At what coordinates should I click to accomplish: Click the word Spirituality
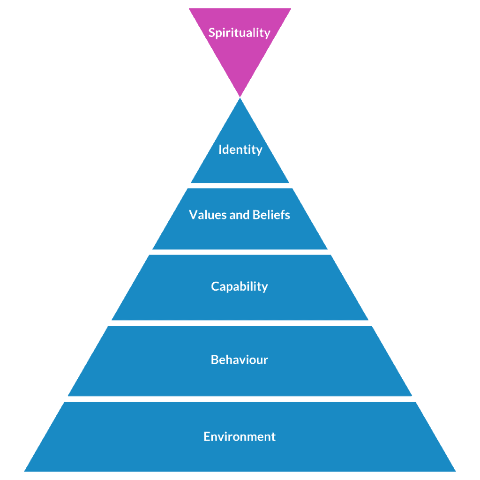pyautogui.click(x=240, y=33)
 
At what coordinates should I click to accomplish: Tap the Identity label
pyautogui.click(x=240, y=150)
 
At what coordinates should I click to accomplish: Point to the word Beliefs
pyautogui.click(x=271, y=215)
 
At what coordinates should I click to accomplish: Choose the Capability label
pyautogui.click(x=240, y=286)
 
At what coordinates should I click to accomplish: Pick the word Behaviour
pyautogui.click(x=240, y=360)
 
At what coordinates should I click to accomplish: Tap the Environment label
pyautogui.click(x=240, y=437)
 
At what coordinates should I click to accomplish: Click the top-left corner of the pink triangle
pyautogui.click(x=190, y=9)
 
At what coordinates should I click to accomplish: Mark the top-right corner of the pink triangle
pyautogui.click(x=290, y=9)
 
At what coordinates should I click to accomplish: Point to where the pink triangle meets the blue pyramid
pyautogui.click(x=240, y=97)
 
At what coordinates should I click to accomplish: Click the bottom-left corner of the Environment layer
pyautogui.click(x=25, y=471)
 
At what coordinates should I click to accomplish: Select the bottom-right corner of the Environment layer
pyautogui.click(x=455, y=471)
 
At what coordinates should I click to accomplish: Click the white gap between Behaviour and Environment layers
pyautogui.click(x=240, y=399)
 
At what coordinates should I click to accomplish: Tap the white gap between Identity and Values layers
pyautogui.click(x=240, y=186)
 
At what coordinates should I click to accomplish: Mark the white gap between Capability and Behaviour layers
pyautogui.click(x=240, y=323)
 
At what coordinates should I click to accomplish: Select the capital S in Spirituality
pyautogui.click(x=212, y=33)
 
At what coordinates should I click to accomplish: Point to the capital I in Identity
pyautogui.click(x=220, y=150)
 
